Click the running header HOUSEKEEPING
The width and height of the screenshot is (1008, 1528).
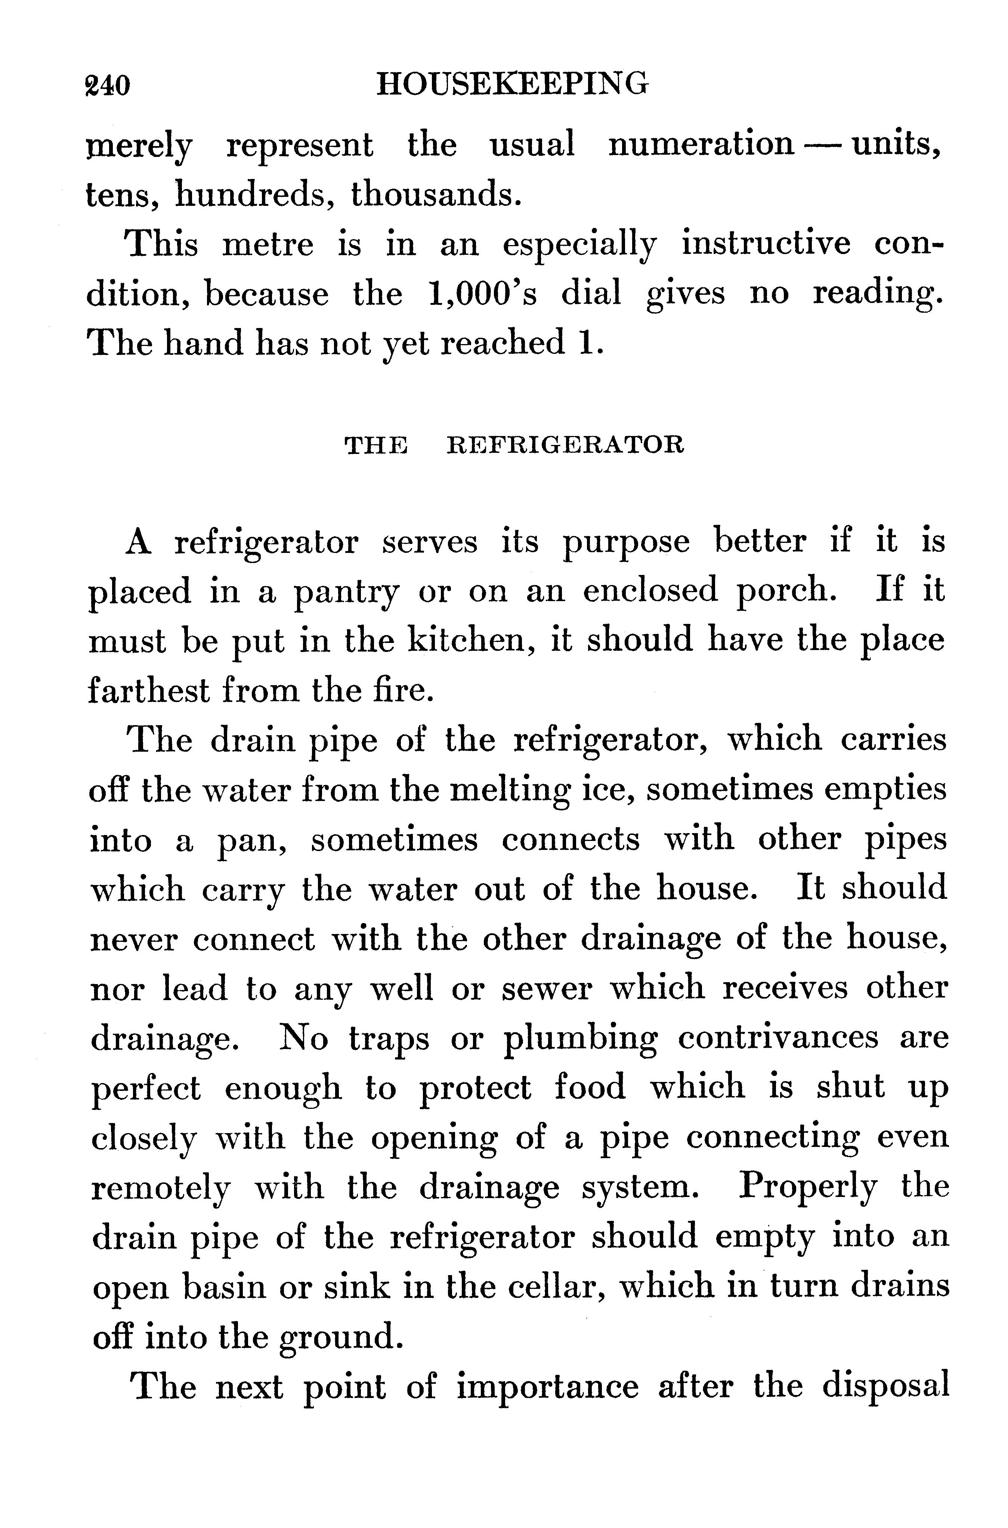pos(512,84)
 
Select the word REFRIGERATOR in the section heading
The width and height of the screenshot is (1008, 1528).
pos(565,445)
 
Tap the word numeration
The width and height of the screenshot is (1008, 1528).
pos(701,144)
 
